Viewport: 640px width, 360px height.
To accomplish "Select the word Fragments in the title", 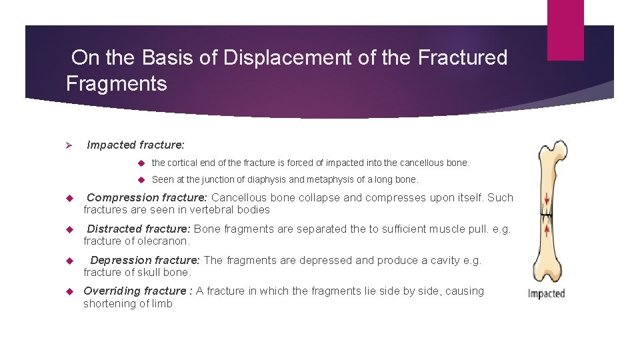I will click(116, 84).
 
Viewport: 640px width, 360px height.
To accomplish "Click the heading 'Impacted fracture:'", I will click(136, 145).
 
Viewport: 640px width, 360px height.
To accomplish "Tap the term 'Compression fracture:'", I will click(147, 197).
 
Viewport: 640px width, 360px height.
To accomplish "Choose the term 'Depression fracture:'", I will click(145, 260).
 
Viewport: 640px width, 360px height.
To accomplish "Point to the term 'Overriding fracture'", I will click(135, 291).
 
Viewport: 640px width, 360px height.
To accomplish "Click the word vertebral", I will click(204, 209).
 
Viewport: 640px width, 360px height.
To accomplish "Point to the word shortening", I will click(109, 303).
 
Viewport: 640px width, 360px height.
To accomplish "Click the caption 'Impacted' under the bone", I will click(546, 293).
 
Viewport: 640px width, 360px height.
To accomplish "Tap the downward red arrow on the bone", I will click(547, 199).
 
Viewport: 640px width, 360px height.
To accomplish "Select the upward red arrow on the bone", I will click(547, 231).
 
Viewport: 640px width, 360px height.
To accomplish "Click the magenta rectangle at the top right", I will click(565, 30).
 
